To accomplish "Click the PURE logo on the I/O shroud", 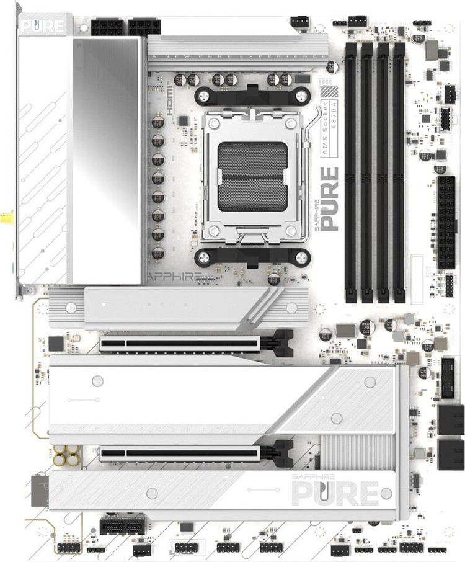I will click(42, 27).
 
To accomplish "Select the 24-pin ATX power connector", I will click(446, 222).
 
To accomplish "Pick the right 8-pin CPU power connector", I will click(145, 27).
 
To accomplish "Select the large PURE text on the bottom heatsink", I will click(335, 495).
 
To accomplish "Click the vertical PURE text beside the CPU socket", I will click(329, 198).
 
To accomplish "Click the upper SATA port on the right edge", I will click(451, 419).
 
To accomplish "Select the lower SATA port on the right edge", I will click(451, 454).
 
